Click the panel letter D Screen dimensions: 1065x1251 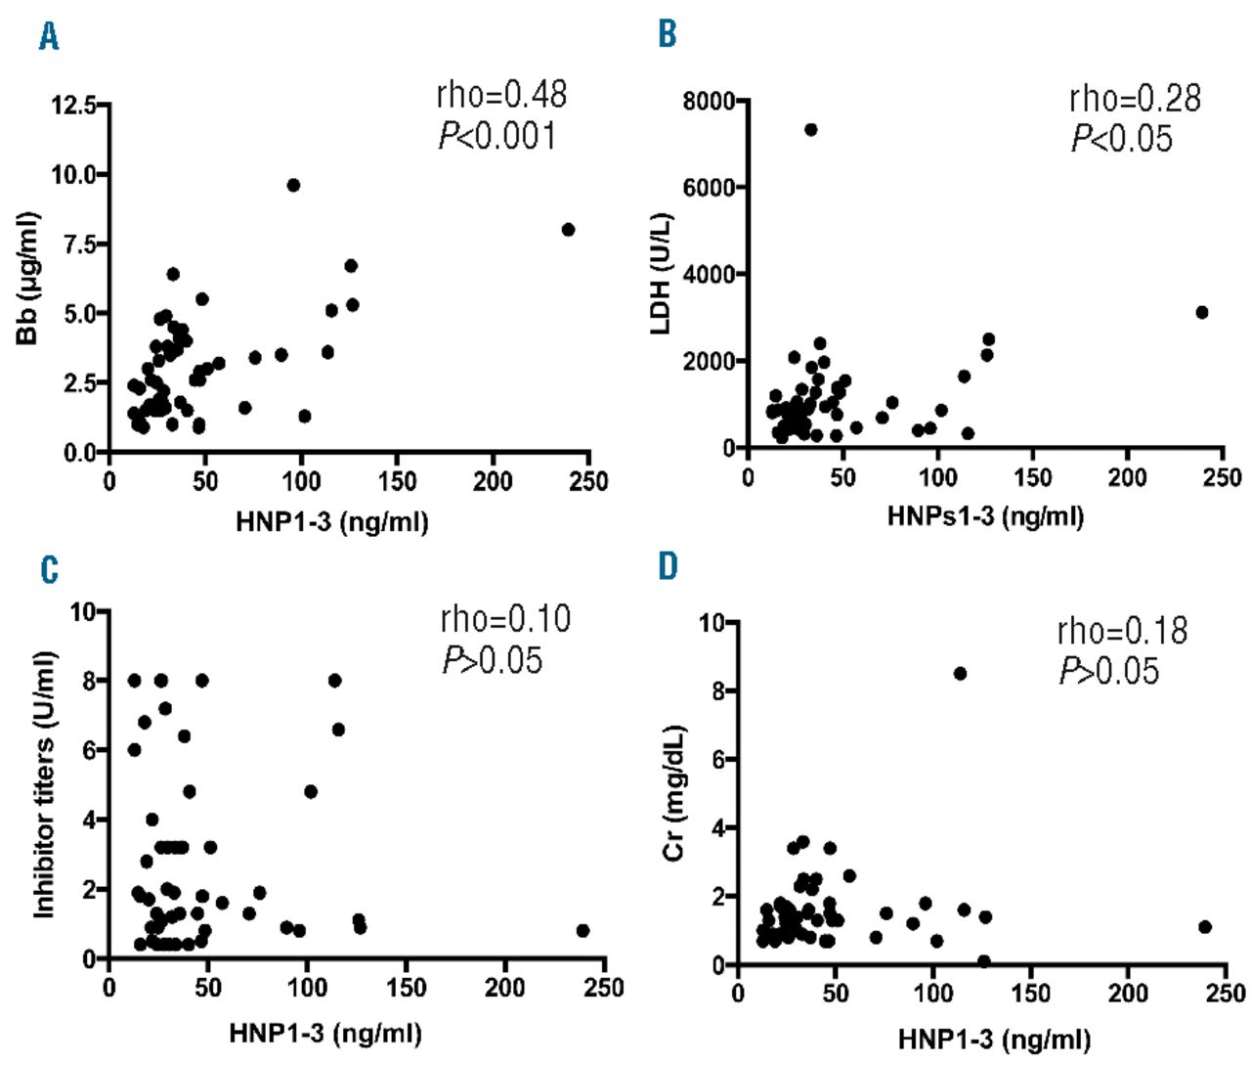pyautogui.click(x=668, y=566)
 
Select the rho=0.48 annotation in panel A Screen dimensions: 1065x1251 pyautogui.click(x=501, y=94)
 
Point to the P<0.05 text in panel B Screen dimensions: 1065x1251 pyautogui.click(x=1121, y=139)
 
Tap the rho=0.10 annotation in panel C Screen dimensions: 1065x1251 pyautogui.click(x=505, y=619)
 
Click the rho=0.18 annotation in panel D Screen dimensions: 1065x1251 pyautogui.click(x=1122, y=631)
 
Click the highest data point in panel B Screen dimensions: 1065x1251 pyautogui.click(x=810, y=130)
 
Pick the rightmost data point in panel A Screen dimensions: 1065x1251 pyautogui.click(x=568, y=230)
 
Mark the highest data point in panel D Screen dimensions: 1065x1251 pyautogui.click(x=960, y=674)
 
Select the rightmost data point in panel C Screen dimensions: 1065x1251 pyautogui.click(x=582, y=931)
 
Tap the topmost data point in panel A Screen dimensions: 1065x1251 pyautogui.click(x=293, y=185)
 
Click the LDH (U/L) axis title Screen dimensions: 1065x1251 pyautogui.click(x=662, y=273)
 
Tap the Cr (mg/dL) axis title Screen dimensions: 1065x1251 pyautogui.click(x=673, y=793)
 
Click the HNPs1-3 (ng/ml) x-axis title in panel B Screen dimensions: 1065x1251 pyautogui.click(x=985, y=515)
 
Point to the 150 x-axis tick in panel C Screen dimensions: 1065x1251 pyautogui.click(x=406, y=988)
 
